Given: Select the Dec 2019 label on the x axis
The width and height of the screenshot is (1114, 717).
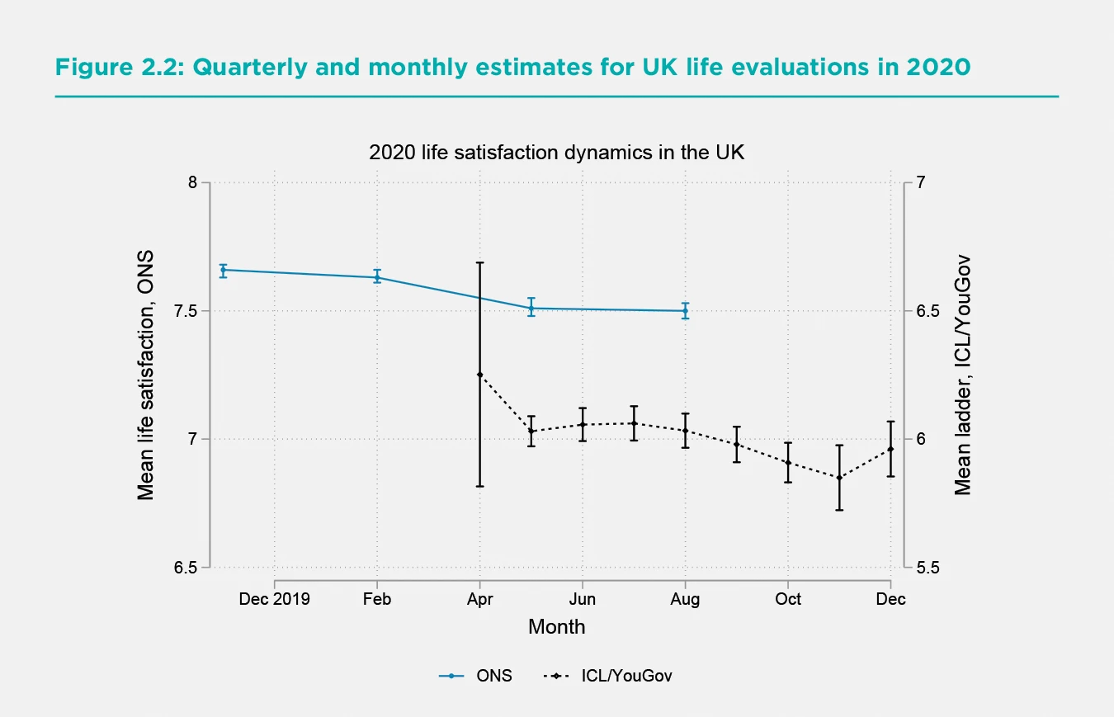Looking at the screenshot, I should pos(274,599).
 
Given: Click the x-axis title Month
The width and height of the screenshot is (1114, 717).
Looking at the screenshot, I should pos(556,626).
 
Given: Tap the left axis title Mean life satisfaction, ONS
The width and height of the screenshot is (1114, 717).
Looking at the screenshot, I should pos(146,375).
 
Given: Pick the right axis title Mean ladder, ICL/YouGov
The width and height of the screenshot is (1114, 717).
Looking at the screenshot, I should pos(962,375).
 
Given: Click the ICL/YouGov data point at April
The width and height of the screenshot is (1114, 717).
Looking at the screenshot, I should pos(479,375).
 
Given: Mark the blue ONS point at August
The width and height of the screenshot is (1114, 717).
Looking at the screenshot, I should pos(685,311).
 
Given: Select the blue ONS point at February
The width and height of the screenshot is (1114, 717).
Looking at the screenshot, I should pos(377,277).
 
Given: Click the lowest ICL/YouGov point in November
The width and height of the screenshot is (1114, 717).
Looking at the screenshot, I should pos(839,478).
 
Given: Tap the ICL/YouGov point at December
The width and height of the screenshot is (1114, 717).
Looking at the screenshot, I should pos(890,449).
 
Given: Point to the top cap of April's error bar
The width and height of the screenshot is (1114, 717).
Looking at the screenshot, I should pos(479,262).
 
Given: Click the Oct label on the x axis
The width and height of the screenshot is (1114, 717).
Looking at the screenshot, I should pos(788,599).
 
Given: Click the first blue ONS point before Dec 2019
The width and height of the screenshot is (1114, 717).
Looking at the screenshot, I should pos(223,270).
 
